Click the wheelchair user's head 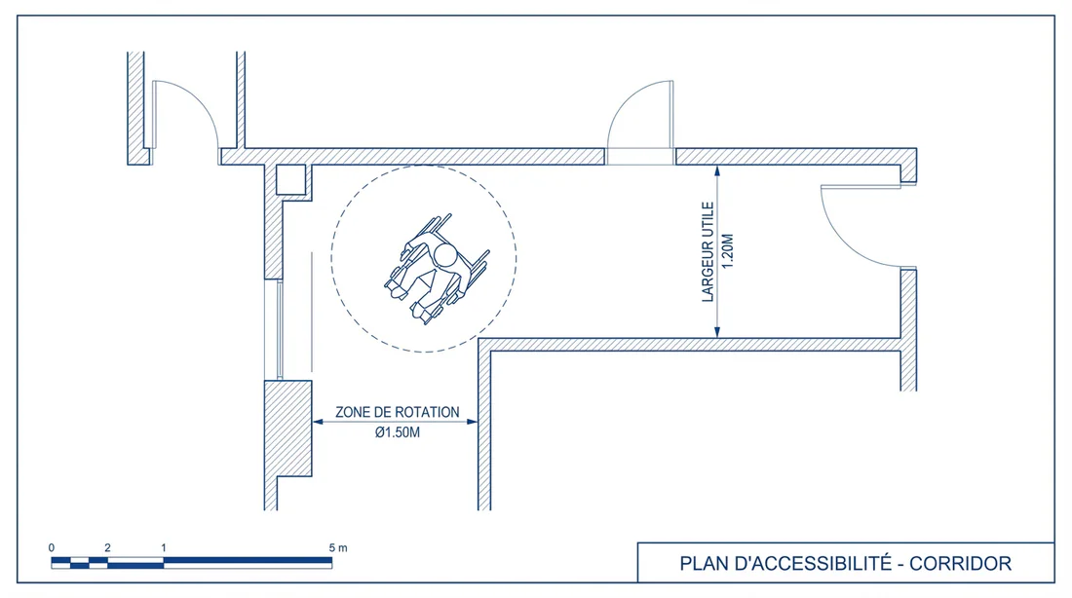444,257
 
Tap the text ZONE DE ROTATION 397,412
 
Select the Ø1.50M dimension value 397,432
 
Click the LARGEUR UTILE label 708,252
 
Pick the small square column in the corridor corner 290,180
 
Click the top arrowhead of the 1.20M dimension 717,170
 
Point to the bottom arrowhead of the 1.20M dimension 717,333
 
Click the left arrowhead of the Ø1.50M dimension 317,422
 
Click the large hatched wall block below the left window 288,429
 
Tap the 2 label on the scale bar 107,549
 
